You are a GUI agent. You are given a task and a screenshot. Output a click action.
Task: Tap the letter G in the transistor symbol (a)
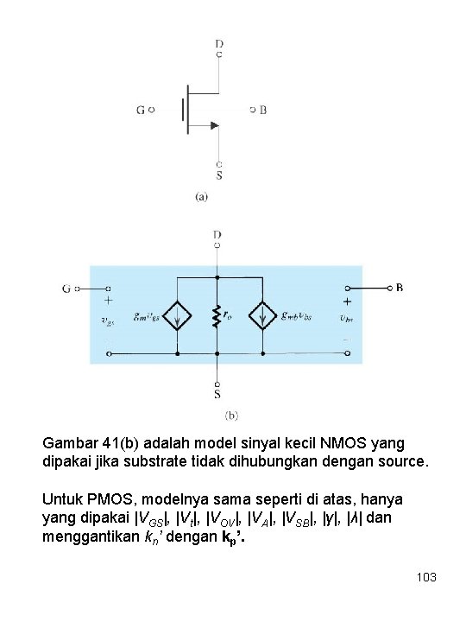click(142, 111)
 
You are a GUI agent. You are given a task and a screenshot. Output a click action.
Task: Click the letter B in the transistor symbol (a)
click(264, 111)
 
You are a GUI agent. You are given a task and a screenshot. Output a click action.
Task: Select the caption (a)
click(200, 197)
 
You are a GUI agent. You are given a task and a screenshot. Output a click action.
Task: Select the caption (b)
click(233, 416)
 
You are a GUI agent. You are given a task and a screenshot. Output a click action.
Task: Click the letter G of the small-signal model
click(66, 289)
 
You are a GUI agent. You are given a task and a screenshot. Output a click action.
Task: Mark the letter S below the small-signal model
click(217, 396)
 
